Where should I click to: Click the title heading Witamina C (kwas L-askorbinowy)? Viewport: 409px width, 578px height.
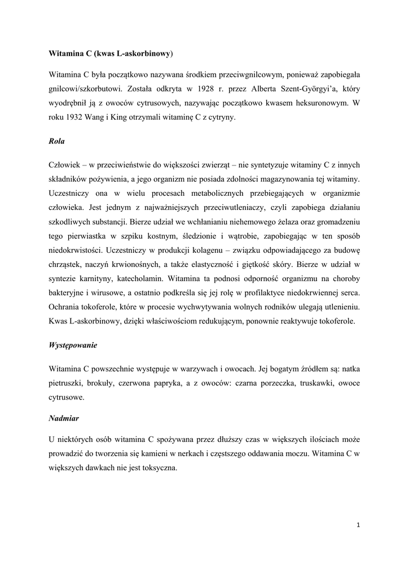tap(111, 54)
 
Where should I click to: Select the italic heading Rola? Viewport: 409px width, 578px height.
tap(58, 143)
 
